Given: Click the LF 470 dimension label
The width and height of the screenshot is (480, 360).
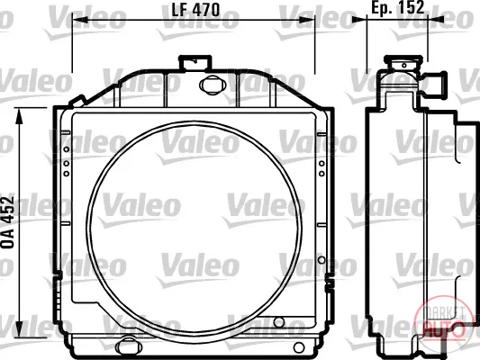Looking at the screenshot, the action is coord(195,10).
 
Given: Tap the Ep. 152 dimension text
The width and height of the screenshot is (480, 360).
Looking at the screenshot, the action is coord(398,7).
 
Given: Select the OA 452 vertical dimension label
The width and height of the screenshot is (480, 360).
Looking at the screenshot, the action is coord(8,221).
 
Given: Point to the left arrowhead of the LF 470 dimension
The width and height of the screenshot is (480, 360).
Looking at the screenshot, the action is coord(80,20).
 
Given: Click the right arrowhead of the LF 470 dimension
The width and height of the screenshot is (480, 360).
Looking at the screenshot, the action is coord(307,20).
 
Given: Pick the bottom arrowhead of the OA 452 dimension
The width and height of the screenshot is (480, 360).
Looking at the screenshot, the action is coord(19,329).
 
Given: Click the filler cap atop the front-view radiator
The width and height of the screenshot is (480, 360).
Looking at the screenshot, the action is coord(195,63).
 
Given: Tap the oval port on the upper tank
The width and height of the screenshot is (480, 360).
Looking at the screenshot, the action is coord(210,85).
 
